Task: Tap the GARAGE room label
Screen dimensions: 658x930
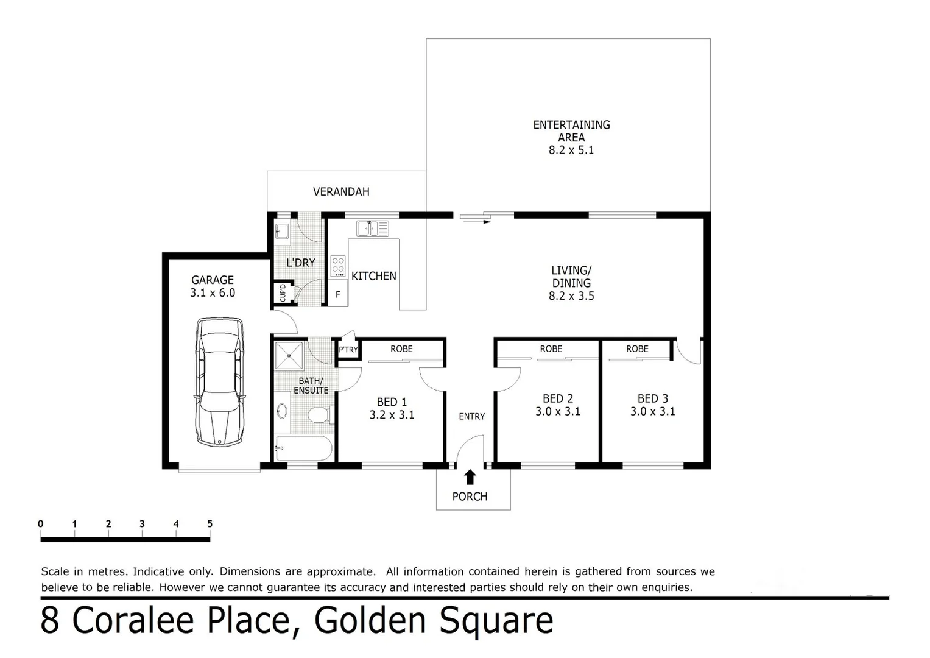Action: click(212, 280)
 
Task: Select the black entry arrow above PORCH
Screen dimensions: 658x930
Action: click(470, 476)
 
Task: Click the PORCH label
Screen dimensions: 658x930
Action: click(470, 497)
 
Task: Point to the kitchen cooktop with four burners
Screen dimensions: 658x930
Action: click(338, 266)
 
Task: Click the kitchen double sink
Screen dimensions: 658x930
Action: click(372, 228)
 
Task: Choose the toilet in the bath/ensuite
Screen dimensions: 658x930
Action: click(319, 415)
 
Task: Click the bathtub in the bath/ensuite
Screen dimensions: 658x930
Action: click(303, 449)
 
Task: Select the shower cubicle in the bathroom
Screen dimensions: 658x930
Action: click(288, 356)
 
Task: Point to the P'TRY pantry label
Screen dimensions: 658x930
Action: click(348, 350)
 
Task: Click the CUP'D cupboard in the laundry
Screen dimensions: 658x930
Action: click(283, 293)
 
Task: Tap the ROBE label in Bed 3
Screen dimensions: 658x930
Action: click(637, 349)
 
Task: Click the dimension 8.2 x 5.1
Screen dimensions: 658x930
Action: click(571, 150)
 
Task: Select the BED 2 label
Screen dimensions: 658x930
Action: click(557, 398)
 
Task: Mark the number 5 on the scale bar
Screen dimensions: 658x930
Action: click(210, 524)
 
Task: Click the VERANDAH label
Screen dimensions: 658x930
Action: click(341, 192)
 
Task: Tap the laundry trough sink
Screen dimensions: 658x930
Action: click(282, 231)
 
